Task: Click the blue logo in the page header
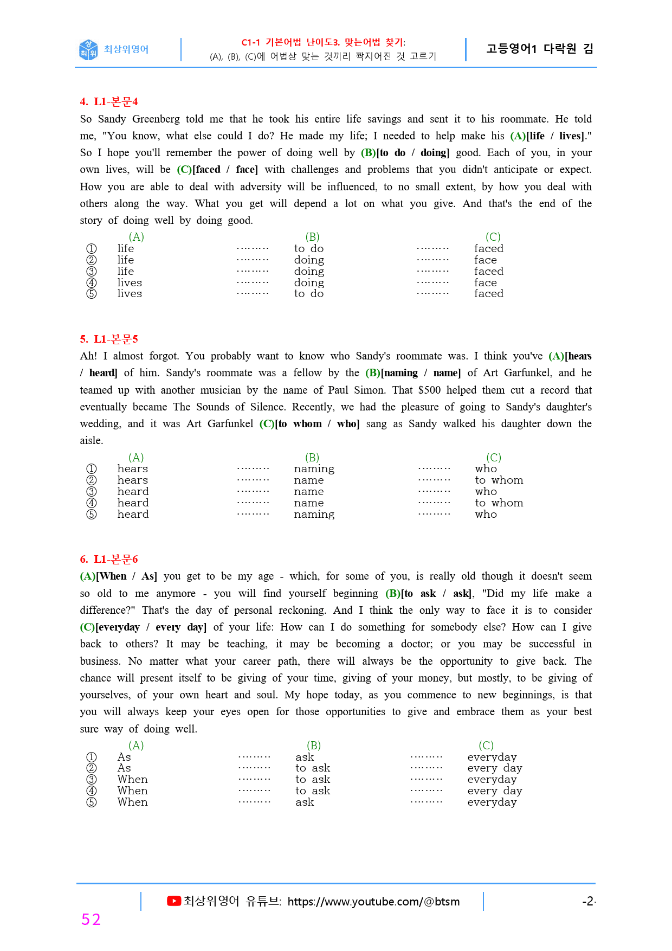point(88,49)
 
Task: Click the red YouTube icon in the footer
point(173,901)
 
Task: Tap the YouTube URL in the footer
point(373,902)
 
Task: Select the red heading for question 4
point(109,101)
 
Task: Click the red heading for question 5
point(109,339)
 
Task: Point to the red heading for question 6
point(109,559)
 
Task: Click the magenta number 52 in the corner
point(91,920)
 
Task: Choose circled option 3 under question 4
point(92,271)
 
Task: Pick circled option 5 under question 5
point(92,514)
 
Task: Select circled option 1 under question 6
point(92,757)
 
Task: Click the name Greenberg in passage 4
point(156,119)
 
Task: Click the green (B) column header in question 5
point(312,458)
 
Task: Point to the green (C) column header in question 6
point(486,746)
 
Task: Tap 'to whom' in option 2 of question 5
point(499,480)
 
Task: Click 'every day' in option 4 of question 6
point(495,791)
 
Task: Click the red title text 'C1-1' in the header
point(251,42)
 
